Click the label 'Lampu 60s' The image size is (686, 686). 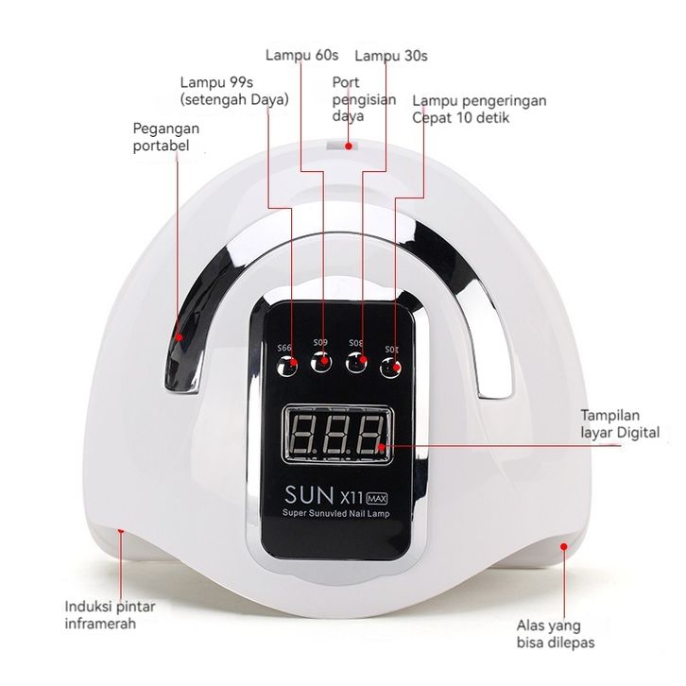(x=301, y=55)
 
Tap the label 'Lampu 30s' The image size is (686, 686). (x=391, y=56)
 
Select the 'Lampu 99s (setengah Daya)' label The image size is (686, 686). (x=234, y=91)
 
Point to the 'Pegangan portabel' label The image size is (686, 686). (x=165, y=137)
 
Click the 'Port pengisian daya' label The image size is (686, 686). (x=364, y=99)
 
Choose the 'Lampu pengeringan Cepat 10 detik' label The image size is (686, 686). (x=479, y=109)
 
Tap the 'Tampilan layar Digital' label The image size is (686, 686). (x=620, y=423)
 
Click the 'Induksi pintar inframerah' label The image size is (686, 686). (x=110, y=615)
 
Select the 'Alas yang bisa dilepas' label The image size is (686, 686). (x=556, y=633)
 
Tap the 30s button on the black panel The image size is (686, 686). (x=356, y=363)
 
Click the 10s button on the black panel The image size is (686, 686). (x=390, y=368)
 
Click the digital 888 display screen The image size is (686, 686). (x=337, y=434)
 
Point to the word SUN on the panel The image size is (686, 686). (x=309, y=495)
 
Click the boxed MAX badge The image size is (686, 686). (x=376, y=498)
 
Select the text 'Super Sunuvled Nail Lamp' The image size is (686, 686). (x=336, y=513)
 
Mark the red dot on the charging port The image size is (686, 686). (x=349, y=146)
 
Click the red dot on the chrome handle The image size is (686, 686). (x=179, y=337)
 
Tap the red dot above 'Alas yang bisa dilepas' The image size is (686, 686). (x=564, y=546)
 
